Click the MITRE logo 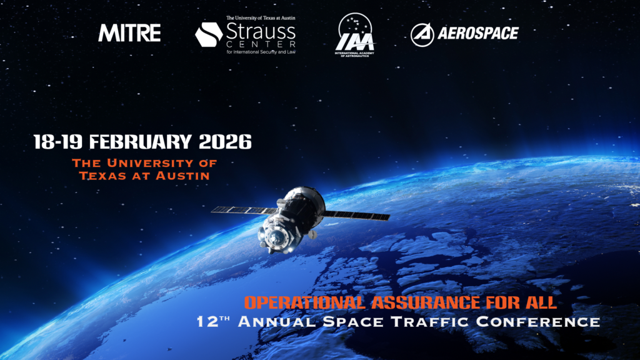coord(129,33)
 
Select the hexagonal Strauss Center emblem coord(208,34)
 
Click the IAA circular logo coord(356,34)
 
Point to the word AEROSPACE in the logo coord(478,34)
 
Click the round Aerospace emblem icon coord(423,34)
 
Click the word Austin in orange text coord(182,176)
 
